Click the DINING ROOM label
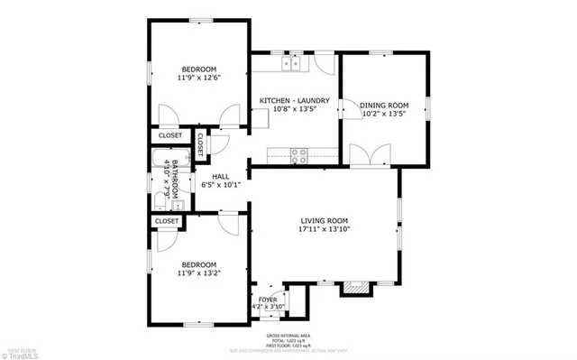click(x=385, y=103)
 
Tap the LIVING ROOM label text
click(x=324, y=221)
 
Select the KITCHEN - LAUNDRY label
click(x=294, y=101)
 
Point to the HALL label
click(x=221, y=177)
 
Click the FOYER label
click(x=268, y=299)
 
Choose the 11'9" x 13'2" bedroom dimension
click(x=198, y=272)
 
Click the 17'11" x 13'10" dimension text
click(x=324, y=230)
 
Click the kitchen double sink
click(x=291, y=63)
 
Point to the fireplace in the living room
click(x=354, y=289)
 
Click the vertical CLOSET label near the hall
click(x=200, y=144)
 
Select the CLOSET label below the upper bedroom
click(x=169, y=136)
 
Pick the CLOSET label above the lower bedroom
click(x=166, y=221)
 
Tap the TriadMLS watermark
click(x=20, y=355)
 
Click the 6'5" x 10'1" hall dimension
click(x=221, y=186)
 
